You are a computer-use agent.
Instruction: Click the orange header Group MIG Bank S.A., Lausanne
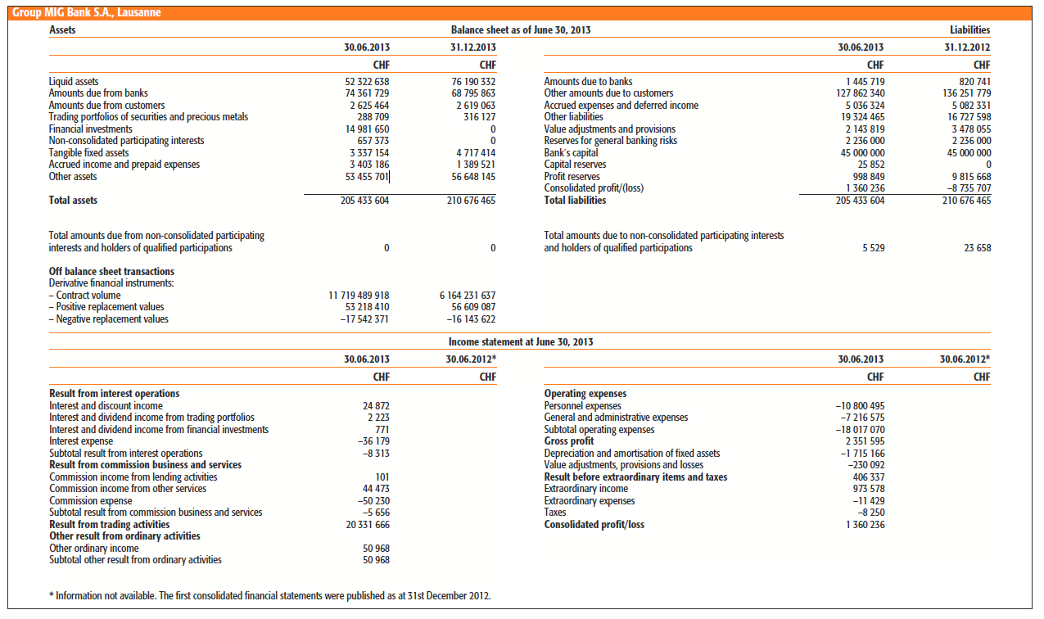coord(88,12)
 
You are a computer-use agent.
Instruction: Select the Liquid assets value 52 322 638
coord(367,82)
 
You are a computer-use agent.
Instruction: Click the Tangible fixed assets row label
coord(88,153)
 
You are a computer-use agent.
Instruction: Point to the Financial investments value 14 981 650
coord(367,129)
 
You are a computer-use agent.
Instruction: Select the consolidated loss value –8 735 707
coord(965,188)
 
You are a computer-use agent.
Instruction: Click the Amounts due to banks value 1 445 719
coord(865,82)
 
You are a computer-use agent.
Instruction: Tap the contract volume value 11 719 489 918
coord(359,296)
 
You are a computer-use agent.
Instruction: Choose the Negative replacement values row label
coord(108,319)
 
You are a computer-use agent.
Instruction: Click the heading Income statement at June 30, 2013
coord(520,341)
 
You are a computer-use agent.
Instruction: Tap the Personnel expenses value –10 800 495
coord(860,406)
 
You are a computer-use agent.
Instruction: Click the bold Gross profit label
coord(569,441)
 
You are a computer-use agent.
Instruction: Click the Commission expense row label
coord(90,500)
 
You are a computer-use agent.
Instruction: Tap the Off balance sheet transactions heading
coord(111,272)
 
